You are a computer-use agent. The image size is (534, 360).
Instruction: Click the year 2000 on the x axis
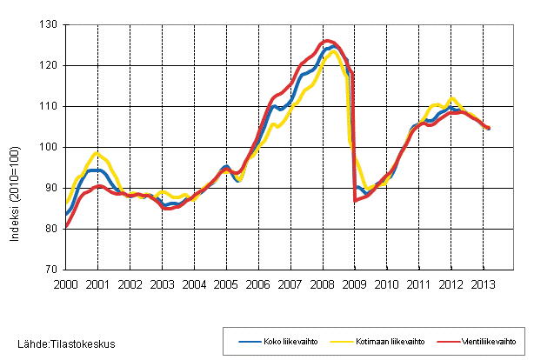coord(66,283)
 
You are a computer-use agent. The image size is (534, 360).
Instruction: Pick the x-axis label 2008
coord(322,283)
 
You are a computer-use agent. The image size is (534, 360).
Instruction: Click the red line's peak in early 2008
coord(326,41)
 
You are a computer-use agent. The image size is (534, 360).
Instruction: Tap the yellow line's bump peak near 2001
coord(97,153)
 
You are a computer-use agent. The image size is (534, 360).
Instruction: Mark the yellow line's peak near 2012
coord(451,98)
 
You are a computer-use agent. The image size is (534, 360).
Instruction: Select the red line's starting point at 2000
coord(66,227)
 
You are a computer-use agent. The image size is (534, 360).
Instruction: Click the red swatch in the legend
coord(440,342)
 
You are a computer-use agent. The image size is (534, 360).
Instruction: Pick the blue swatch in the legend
coord(250,342)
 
